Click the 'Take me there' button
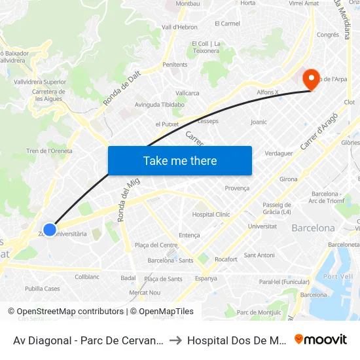click(x=179, y=160)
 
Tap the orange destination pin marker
click(x=310, y=80)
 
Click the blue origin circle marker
click(x=50, y=230)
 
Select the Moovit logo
click(x=321, y=339)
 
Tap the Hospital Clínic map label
click(x=211, y=214)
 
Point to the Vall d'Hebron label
click(x=179, y=27)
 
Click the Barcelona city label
click(x=313, y=228)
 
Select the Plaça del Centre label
click(x=156, y=245)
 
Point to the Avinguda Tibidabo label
click(x=160, y=104)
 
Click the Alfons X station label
click(x=268, y=92)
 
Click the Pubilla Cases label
click(x=43, y=289)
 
